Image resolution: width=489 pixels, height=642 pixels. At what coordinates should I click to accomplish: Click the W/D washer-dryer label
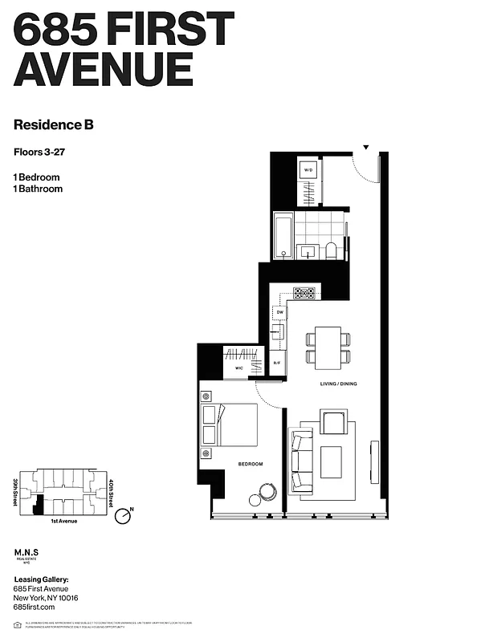(x=308, y=169)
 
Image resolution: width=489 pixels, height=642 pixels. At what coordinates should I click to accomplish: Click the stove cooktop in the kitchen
(x=304, y=293)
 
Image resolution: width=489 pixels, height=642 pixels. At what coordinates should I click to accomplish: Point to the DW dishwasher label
(x=279, y=313)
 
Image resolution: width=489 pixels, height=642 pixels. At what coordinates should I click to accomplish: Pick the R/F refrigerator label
(x=277, y=363)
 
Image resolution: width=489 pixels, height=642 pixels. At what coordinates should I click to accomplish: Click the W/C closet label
(x=239, y=368)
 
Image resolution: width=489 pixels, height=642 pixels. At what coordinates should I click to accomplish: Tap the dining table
(x=328, y=347)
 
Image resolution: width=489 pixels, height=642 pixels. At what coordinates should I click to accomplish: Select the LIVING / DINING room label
(x=337, y=384)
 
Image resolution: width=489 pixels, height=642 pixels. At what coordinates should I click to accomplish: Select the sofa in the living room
(x=301, y=461)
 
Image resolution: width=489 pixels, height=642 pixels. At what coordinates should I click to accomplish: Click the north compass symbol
(x=123, y=517)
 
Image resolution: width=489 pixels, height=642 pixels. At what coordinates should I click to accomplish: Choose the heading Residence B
(x=59, y=124)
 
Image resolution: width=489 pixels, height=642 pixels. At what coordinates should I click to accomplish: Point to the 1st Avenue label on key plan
(x=64, y=522)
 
